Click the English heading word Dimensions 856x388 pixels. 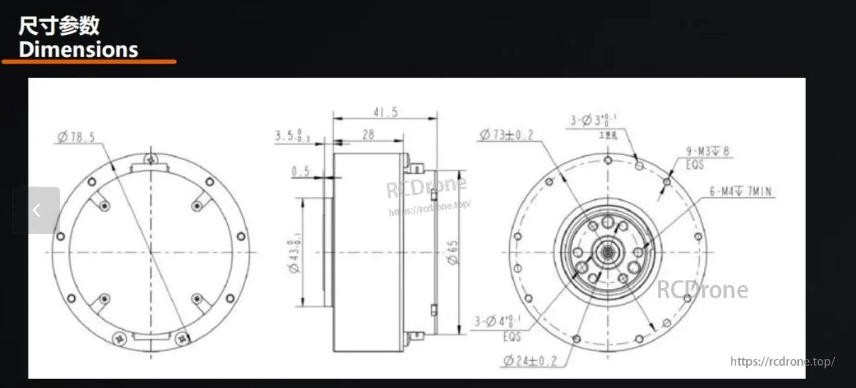(x=78, y=49)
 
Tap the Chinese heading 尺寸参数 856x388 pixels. (x=59, y=26)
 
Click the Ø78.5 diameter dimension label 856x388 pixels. (x=76, y=138)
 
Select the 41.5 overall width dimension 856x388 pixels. (x=384, y=112)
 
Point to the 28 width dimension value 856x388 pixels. (x=368, y=135)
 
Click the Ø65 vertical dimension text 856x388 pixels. (x=452, y=252)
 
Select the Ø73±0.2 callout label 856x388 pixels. (x=507, y=135)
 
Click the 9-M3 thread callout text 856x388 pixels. (x=707, y=152)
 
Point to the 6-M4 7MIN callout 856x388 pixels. (x=740, y=191)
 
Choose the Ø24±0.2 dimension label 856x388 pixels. (x=530, y=360)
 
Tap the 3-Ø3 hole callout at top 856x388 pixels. (x=593, y=121)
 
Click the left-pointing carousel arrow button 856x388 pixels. (x=37, y=210)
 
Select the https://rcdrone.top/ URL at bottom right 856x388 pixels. (x=782, y=361)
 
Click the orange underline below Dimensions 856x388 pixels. (x=88, y=61)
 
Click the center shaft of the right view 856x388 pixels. (x=607, y=252)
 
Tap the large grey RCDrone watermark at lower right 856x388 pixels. (x=702, y=290)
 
